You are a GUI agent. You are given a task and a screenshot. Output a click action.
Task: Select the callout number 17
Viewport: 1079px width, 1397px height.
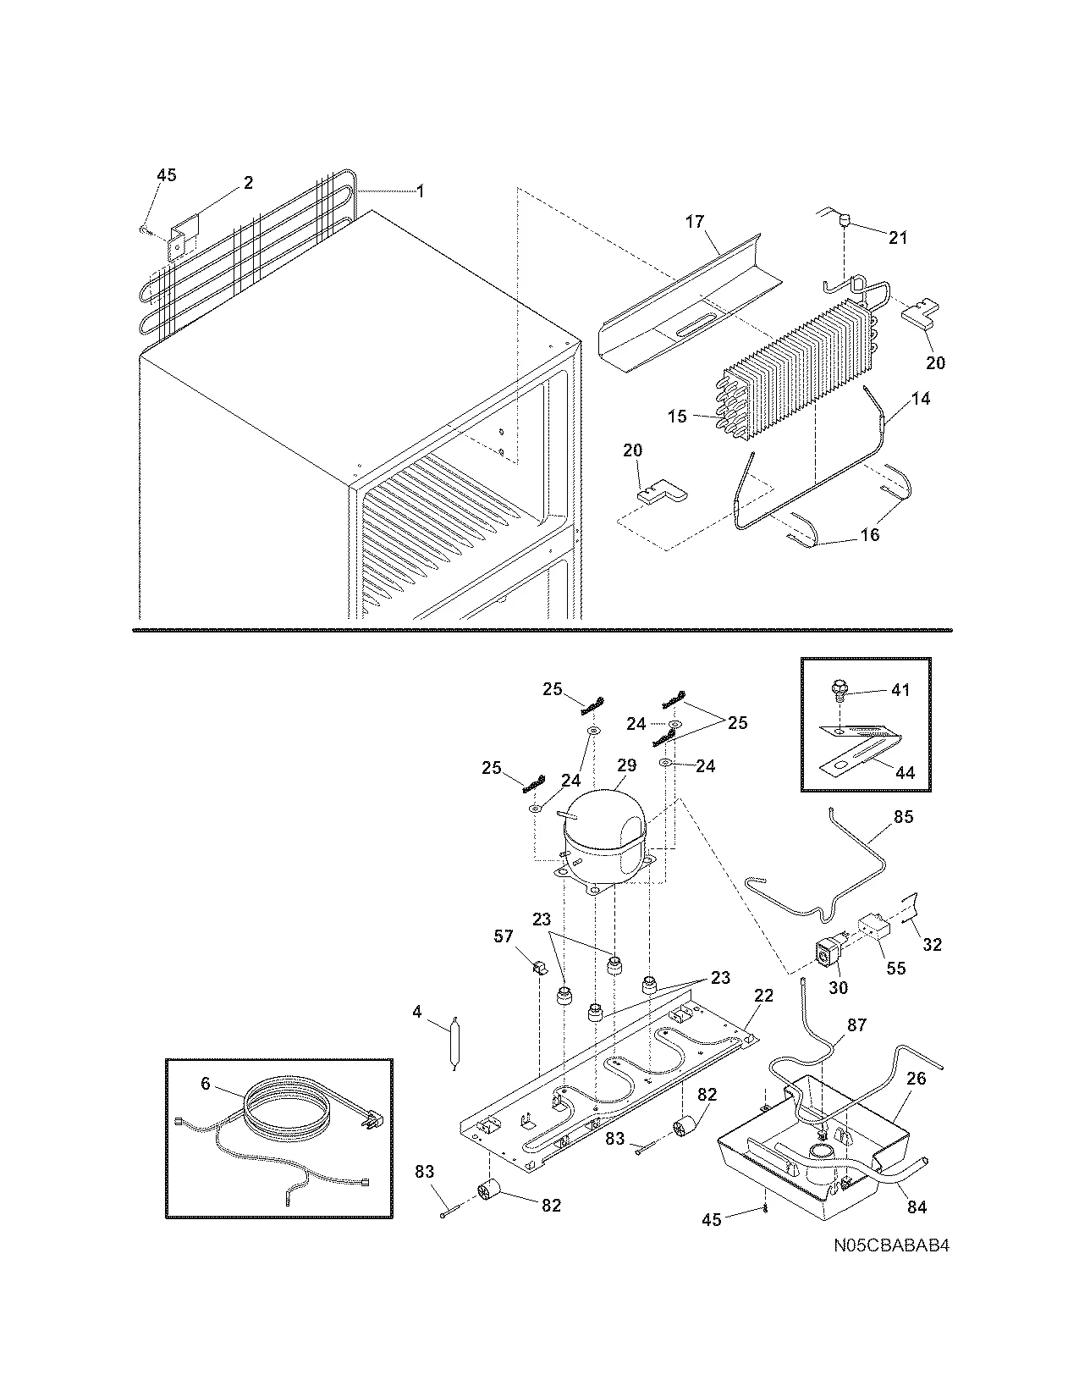pyautogui.click(x=694, y=223)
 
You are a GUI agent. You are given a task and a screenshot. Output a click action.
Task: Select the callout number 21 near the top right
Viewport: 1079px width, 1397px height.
pyautogui.click(x=897, y=238)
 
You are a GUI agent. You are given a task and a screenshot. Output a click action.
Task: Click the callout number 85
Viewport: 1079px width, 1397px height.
pyautogui.click(x=903, y=818)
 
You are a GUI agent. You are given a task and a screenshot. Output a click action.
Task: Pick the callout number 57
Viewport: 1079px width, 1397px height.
pyautogui.click(x=504, y=936)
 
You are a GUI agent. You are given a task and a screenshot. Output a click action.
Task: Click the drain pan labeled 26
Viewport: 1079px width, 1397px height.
pyautogui.click(x=812, y=1143)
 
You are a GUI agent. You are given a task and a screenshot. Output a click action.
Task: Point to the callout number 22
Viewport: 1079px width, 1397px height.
pyautogui.click(x=763, y=997)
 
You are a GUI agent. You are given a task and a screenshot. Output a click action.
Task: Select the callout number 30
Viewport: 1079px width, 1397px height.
pyautogui.click(x=838, y=987)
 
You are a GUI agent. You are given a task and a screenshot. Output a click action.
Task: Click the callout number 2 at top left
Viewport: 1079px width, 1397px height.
pyautogui.click(x=248, y=183)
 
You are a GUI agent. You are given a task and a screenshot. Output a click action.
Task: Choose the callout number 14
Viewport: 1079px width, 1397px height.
pyautogui.click(x=921, y=398)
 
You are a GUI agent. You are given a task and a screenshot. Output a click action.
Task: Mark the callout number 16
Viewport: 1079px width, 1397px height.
pyautogui.click(x=870, y=534)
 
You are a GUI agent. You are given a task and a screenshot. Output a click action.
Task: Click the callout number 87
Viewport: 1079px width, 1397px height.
pyautogui.click(x=856, y=1024)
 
